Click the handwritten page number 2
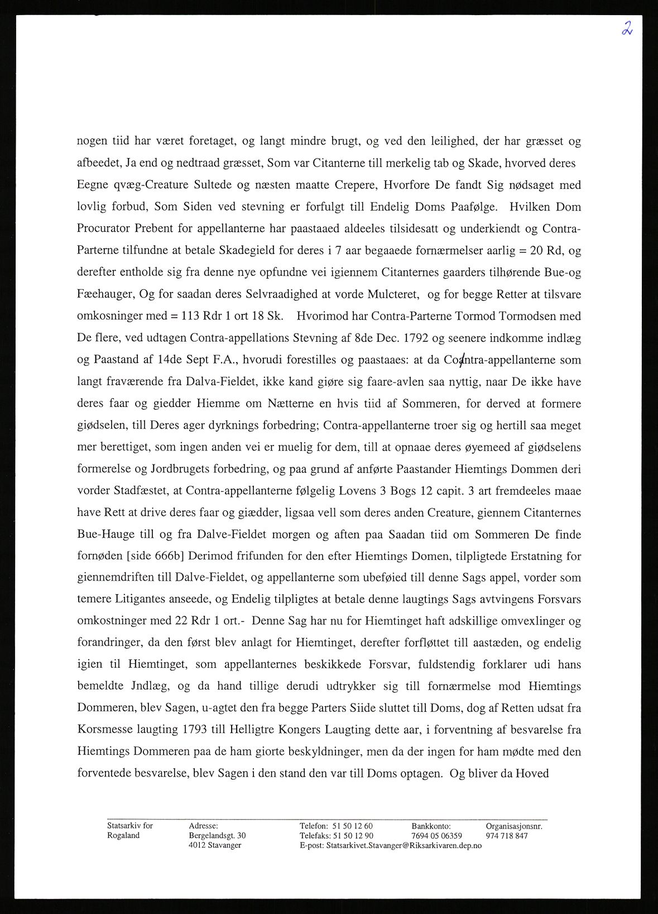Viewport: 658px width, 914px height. coord(627,28)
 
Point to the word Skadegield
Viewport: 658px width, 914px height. coord(246,250)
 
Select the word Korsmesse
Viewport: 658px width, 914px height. coord(104,729)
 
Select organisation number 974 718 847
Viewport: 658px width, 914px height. coord(506,836)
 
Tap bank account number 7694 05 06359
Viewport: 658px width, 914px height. coord(436,836)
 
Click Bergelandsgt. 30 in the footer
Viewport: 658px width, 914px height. coord(217,836)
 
